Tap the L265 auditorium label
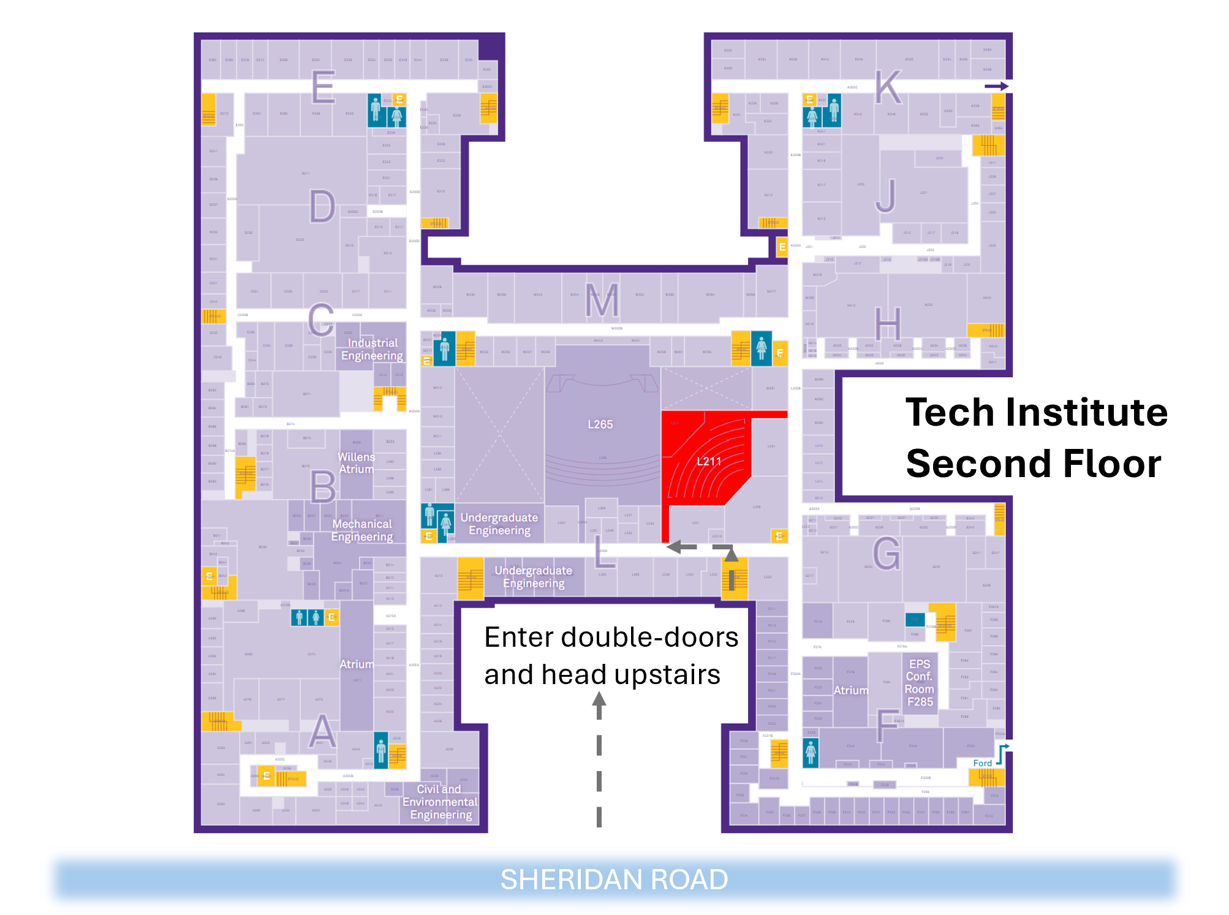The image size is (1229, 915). tap(600, 424)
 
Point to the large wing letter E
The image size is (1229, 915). tap(323, 87)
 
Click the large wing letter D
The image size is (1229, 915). tap(322, 206)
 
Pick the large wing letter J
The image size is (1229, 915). tap(886, 196)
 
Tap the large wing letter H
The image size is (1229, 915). tap(888, 324)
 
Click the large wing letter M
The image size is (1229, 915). tap(602, 301)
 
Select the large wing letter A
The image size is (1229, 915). tap(322, 731)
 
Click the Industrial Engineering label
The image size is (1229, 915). tap(372, 349)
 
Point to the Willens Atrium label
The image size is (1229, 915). tap(356, 463)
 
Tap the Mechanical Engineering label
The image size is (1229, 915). tap(362, 530)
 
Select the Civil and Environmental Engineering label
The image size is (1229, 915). tap(440, 802)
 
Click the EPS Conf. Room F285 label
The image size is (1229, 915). tap(919, 683)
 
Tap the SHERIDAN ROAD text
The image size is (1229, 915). tap(614, 879)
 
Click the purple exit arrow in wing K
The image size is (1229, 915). tap(996, 86)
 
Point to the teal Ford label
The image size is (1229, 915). tap(982, 763)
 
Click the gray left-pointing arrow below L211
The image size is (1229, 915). tap(681, 547)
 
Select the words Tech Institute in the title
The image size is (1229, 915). tap(1037, 412)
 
